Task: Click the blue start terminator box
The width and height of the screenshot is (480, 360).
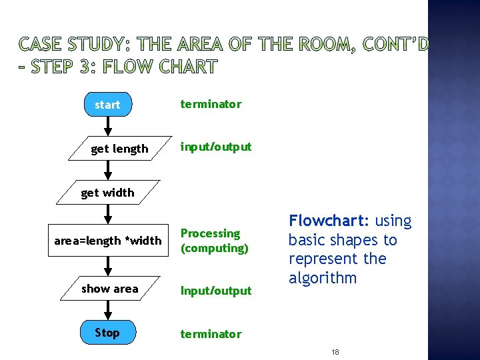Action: coord(107,105)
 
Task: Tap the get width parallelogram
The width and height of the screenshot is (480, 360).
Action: coord(107,193)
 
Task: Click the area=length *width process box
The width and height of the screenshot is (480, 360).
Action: coord(108,240)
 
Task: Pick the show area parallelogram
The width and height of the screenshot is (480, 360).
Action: coord(110,289)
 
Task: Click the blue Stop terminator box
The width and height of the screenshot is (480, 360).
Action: coord(107,333)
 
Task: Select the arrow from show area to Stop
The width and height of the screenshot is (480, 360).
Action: coord(108,311)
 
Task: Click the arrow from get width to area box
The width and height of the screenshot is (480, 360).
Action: coord(108,215)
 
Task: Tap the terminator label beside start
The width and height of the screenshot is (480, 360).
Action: coord(211,104)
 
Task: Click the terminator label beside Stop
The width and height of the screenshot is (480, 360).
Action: coord(211,333)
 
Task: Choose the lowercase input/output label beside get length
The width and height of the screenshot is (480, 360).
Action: coord(216,147)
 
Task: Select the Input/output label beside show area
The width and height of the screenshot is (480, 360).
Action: coord(216,290)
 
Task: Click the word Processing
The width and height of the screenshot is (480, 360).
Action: coord(211,233)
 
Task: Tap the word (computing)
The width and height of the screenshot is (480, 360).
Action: coord(215,248)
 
